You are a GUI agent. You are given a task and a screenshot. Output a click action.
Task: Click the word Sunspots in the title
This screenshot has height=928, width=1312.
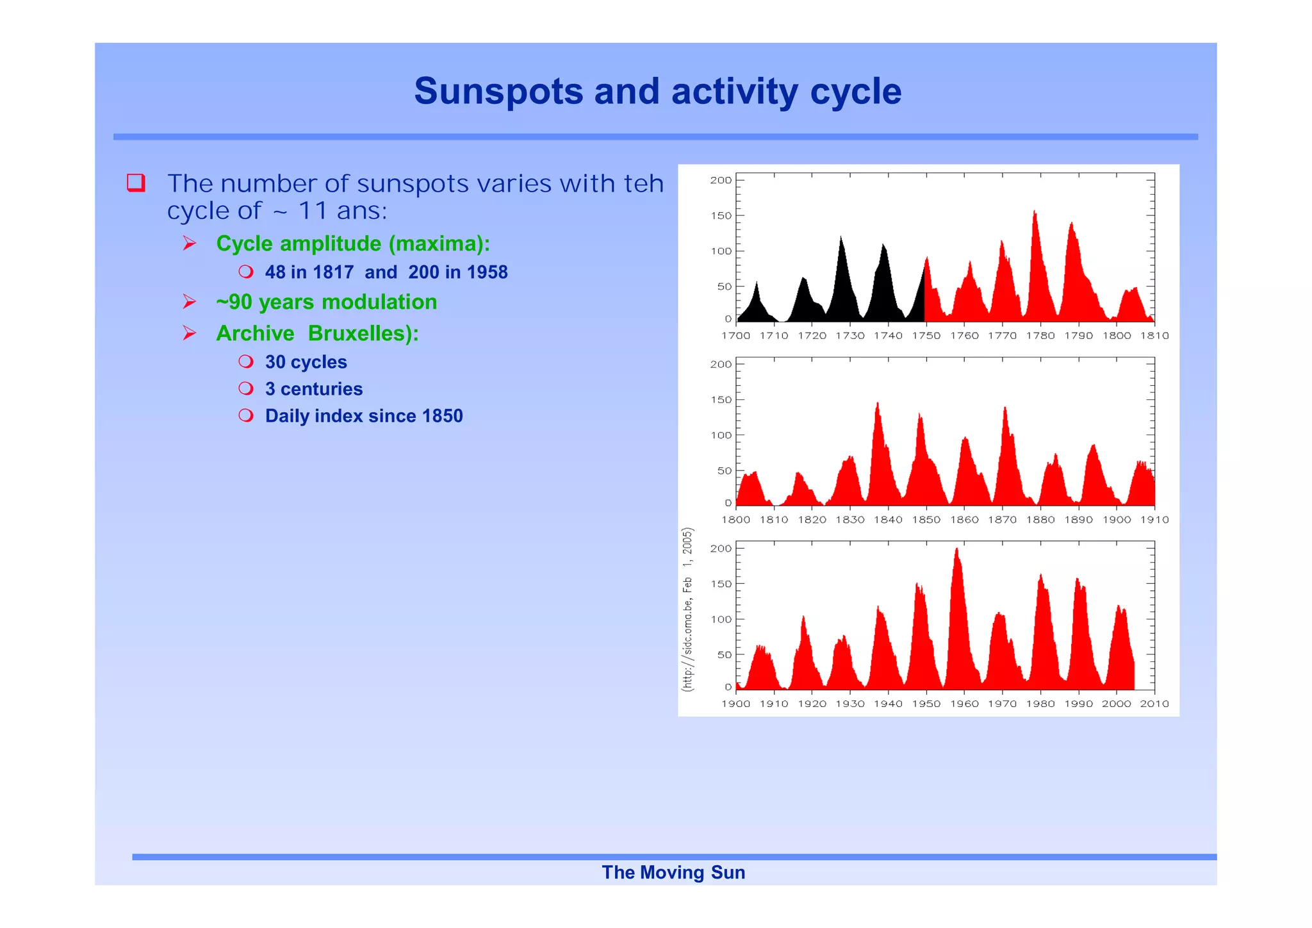coord(498,91)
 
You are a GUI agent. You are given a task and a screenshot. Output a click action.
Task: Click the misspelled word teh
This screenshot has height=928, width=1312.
coord(643,184)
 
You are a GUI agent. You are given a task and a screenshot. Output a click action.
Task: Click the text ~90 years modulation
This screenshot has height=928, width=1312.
coord(326,302)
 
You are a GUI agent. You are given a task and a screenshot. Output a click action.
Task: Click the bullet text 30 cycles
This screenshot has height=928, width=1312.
coord(306,362)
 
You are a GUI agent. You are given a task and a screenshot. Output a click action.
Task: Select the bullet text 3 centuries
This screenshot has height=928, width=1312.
coord(313,389)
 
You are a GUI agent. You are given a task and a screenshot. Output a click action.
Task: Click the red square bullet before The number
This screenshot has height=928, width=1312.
coord(136,183)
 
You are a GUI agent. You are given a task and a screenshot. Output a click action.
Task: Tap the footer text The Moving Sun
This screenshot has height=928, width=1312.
coord(673,872)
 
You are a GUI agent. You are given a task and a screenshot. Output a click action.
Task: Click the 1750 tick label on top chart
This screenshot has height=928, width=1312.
coord(926,336)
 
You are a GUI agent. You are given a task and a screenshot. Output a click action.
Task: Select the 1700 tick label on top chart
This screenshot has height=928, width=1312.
coord(735,336)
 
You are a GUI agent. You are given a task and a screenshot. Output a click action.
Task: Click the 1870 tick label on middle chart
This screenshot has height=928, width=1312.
coord(1002,520)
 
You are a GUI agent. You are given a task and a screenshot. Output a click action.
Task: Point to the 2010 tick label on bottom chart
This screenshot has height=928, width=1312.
coord(1154,704)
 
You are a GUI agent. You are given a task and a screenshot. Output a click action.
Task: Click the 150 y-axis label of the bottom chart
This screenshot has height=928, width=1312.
coord(721,584)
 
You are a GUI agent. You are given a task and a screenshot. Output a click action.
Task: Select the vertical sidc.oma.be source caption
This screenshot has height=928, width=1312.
coord(687,609)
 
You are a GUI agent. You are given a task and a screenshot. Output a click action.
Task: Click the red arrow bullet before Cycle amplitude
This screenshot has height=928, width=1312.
coord(189,244)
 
